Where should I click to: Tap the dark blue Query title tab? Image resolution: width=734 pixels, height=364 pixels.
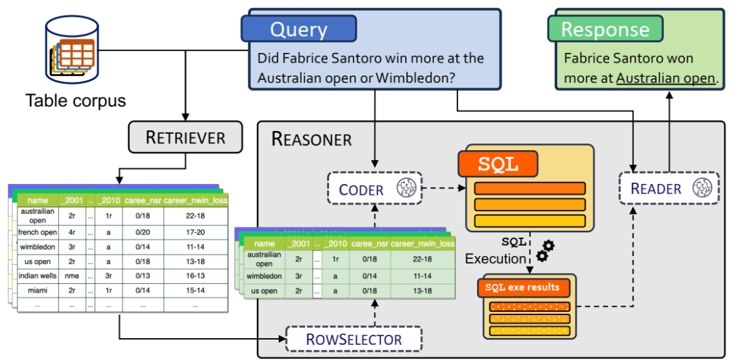[x=298, y=29]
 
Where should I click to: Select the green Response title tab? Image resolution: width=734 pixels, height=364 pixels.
[x=606, y=29]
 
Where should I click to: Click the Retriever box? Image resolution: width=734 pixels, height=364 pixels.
[x=186, y=138]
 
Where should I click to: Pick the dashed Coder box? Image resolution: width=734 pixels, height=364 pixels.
[x=374, y=189]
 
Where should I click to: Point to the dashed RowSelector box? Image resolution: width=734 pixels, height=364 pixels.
[x=353, y=339]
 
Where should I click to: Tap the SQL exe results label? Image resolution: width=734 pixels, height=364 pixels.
[x=523, y=287]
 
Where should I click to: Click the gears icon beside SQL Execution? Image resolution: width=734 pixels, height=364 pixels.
[x=544, y=250]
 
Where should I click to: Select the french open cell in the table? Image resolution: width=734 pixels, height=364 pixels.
[x=37, y=232]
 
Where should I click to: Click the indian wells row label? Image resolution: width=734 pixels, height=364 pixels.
[x=37, y=276]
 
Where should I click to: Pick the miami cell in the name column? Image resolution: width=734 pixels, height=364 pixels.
[x=37, y=291]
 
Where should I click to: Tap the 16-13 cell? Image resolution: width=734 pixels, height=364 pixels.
[x=196, y=276]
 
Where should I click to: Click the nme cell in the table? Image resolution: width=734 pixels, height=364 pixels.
[x=72, y=276]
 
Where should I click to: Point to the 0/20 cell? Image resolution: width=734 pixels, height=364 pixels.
[x=142, y=232]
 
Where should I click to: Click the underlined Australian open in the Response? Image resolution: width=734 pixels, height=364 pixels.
[x=665, y=77]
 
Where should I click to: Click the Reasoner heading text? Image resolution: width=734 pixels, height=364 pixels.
[x=312, y=139]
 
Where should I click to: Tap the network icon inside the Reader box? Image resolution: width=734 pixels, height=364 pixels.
[x=703, y=188]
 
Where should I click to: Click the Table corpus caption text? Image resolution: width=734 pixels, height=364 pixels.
[x=75, y=101]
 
